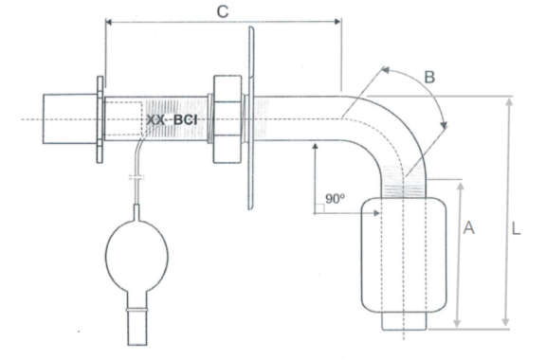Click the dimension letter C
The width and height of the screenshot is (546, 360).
pos(223,11)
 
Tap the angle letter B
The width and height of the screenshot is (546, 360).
pos(429,77)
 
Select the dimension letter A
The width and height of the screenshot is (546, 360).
pos(468,227)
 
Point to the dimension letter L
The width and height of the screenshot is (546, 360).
pos(516,228)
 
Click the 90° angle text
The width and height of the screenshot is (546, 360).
pos(335,198)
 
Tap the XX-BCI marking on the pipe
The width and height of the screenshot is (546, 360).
pos(172,120)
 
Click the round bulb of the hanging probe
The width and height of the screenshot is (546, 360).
pos(136,256)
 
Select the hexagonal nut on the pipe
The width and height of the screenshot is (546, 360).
pos(227,119)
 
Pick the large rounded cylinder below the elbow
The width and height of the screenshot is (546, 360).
pos(404,255)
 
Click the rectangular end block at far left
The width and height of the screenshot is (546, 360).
pos(69,118)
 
